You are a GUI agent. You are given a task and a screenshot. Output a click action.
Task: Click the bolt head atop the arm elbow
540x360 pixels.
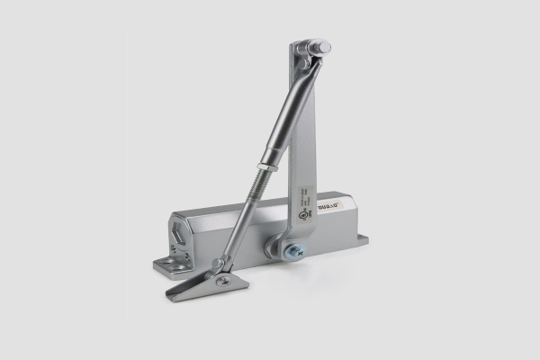click(x=322, y=47)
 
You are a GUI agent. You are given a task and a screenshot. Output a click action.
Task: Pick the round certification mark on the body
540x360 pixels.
click(x=307, y=218)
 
